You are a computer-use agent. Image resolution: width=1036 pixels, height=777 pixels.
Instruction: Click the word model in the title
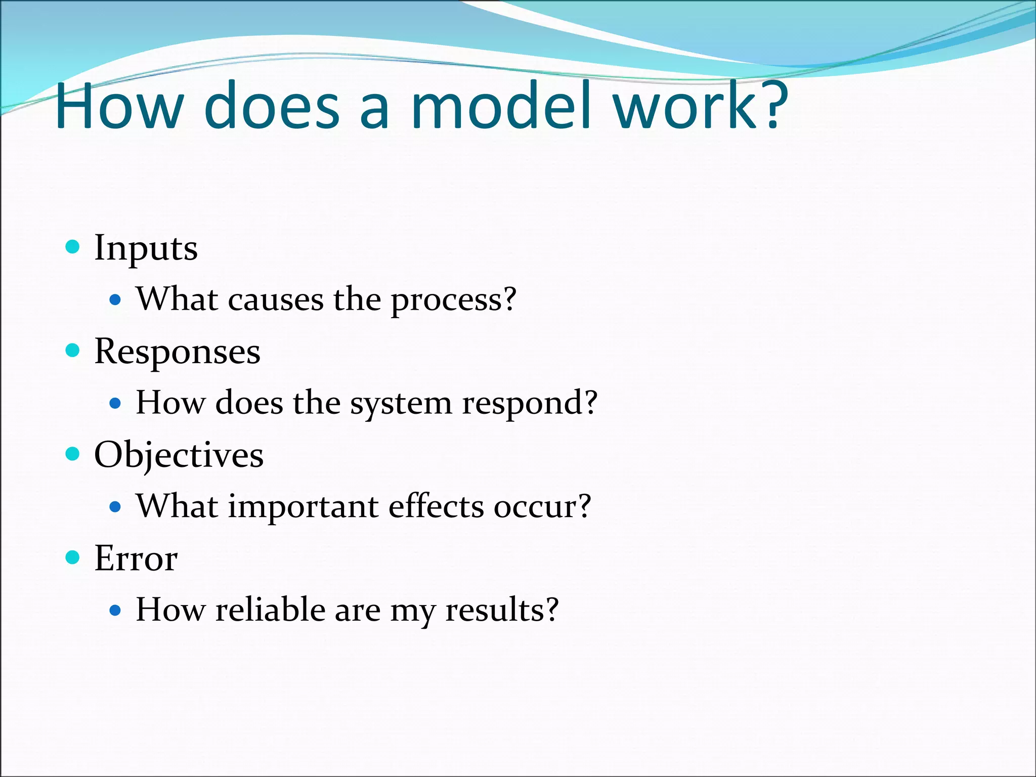[501, 106]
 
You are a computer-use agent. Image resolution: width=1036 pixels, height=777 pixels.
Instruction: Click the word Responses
[177, 352]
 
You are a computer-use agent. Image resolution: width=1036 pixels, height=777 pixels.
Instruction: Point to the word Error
[136, 558]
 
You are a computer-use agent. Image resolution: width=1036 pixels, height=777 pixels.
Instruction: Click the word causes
[276, 299]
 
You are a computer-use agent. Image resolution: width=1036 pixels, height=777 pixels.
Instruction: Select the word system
[401, 404]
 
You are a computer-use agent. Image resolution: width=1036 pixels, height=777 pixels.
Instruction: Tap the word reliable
[270, 610]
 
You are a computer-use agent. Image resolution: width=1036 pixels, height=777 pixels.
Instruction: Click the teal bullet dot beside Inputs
[73, 247]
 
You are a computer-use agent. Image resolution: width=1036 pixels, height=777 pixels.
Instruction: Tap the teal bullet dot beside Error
[73, 557]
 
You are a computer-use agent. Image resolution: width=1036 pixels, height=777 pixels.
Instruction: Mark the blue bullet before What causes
[115, 300]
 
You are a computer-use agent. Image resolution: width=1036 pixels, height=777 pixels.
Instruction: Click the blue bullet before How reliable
[115, 611]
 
